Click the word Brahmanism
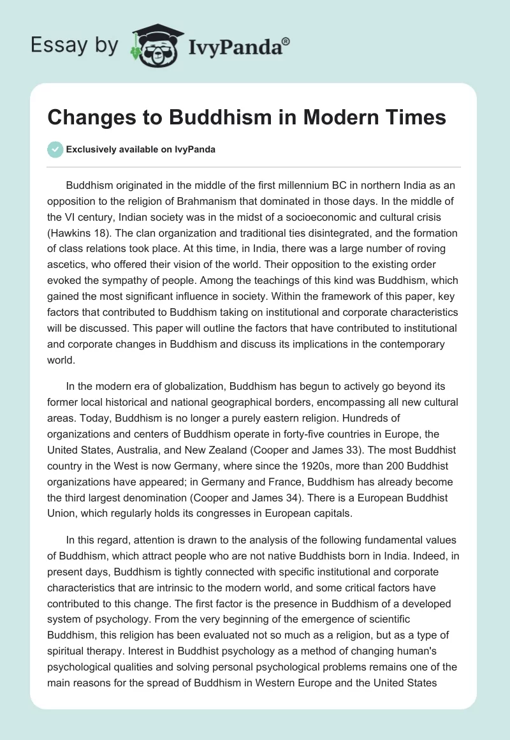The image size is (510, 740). coord(223,201)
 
